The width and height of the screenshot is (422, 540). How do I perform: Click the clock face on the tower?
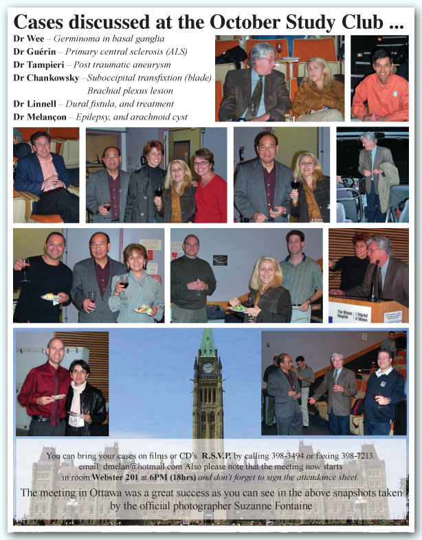coord(208,368)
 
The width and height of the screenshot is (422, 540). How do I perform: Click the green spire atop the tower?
coord(208,342)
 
